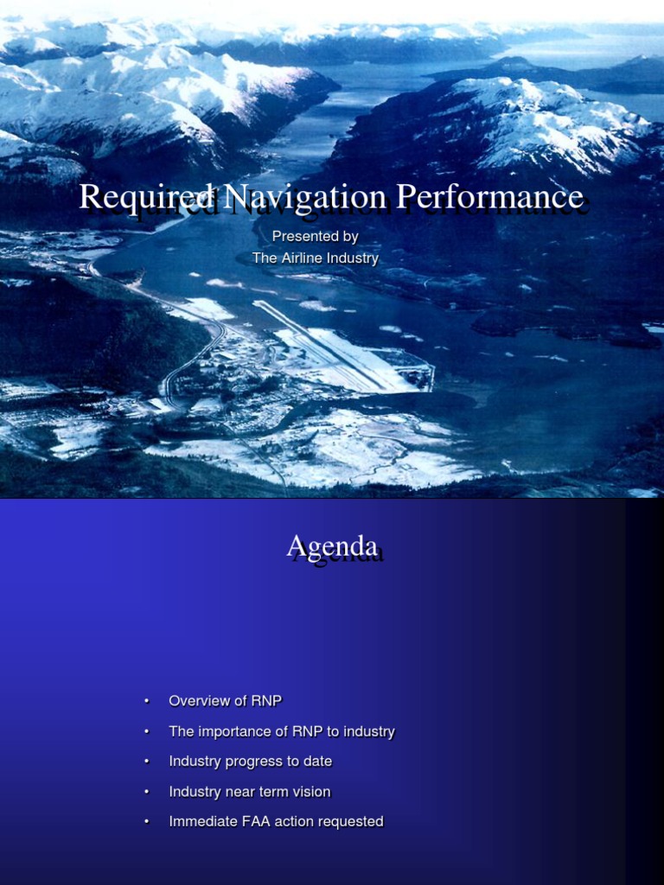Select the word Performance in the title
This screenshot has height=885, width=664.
(x=489, y=197)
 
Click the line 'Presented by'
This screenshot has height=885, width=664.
(x=315, y=236)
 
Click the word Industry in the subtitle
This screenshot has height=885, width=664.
(x=354, y=258)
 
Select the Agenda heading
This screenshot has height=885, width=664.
(x=332, y=546)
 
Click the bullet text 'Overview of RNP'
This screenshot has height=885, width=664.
(x=225, y=701)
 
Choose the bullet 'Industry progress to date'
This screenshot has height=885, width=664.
(x=250, y=761)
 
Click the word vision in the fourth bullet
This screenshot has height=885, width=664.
(x=311, y=792)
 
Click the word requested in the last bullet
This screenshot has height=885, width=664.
(x=350, y=822)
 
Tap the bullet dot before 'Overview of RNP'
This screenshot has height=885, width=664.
(x=147, y=701)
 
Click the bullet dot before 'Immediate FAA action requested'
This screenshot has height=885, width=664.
(x=147, y=822)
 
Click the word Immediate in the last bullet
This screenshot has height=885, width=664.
(x=201, y=822)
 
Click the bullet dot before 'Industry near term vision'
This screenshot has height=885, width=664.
(x=147, y=792)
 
